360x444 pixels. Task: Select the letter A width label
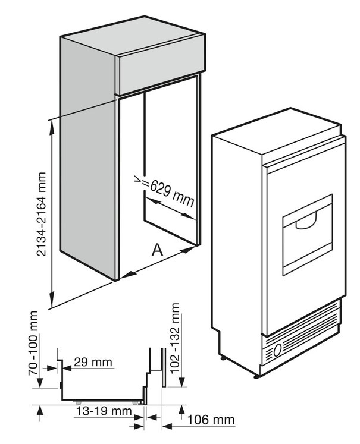coord(157,250)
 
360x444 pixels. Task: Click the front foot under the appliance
coord(257,374)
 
